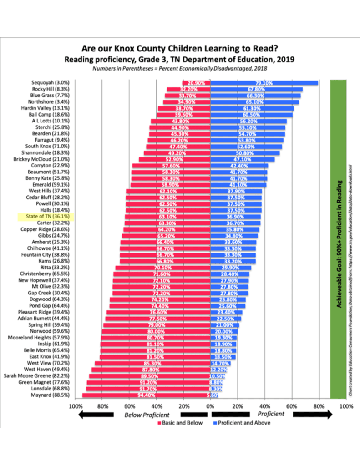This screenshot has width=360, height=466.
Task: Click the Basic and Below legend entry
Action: pos(180,423)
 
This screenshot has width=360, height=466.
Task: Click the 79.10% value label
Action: pos(264,83)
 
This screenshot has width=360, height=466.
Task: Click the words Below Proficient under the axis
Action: pos(147,415)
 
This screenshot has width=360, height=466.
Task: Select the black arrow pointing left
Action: pos(96,415)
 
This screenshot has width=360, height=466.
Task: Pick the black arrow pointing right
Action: pos(313,414)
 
